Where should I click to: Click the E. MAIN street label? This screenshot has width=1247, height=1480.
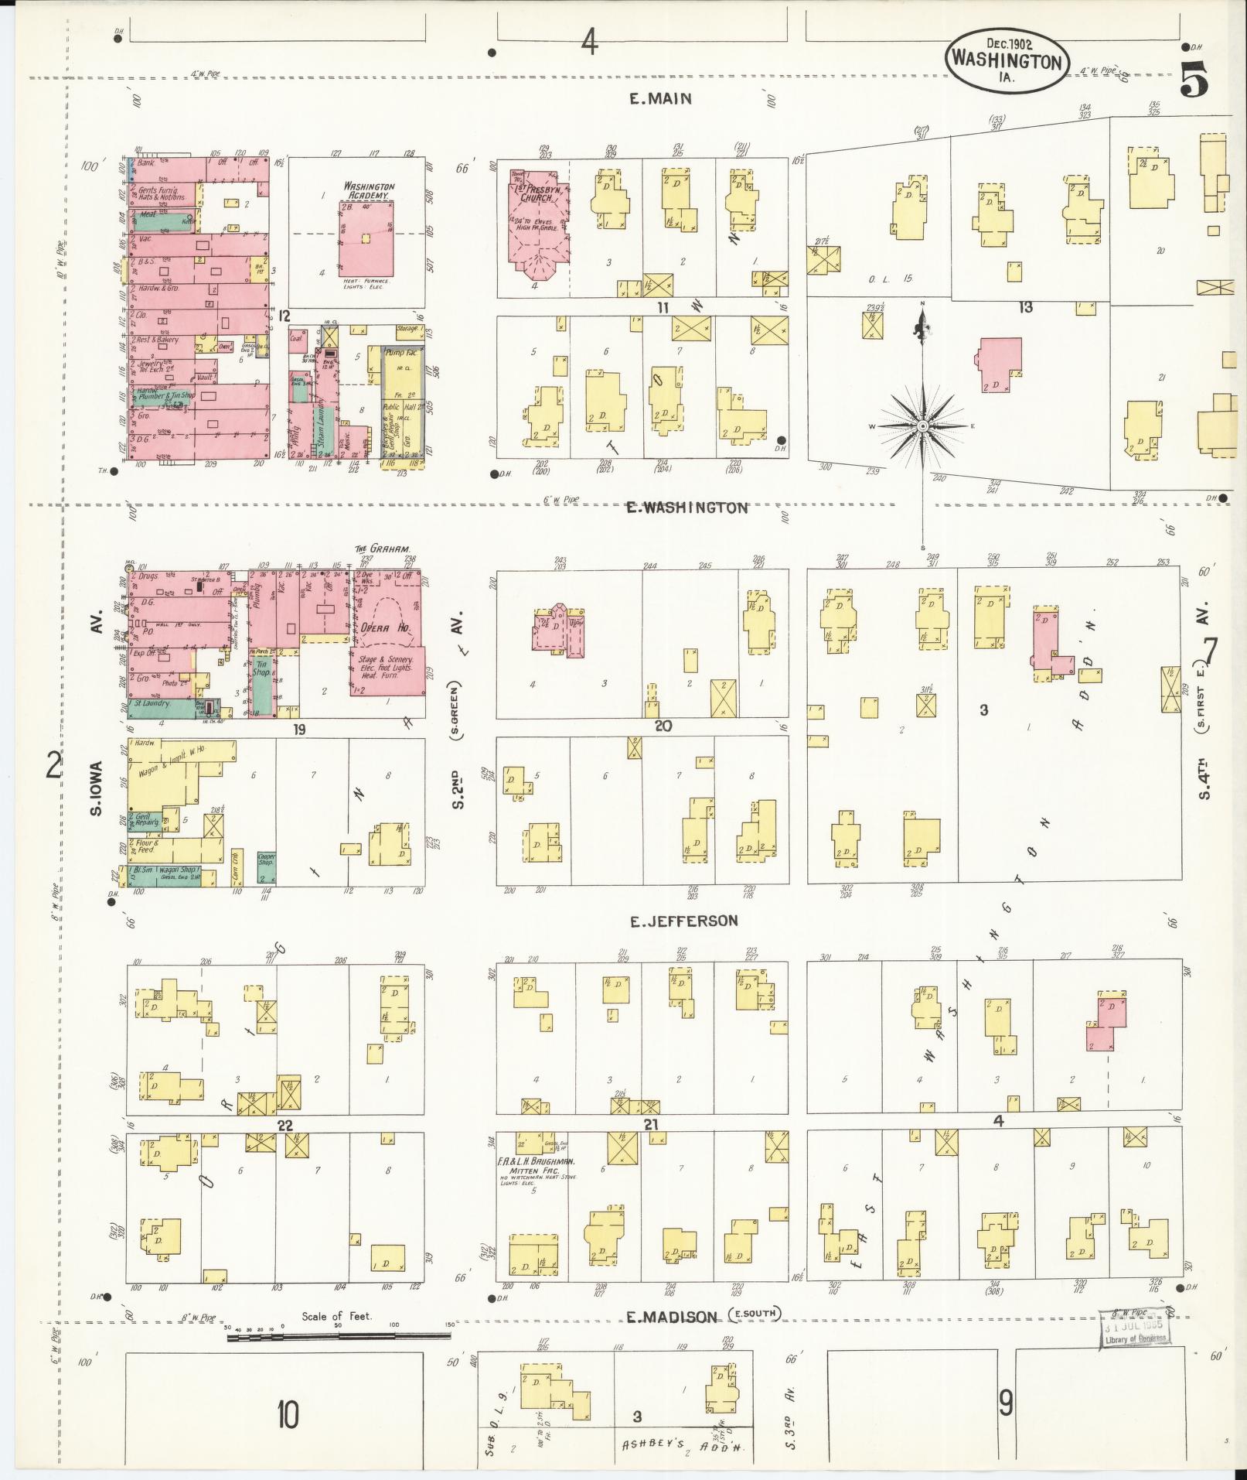pos(659,99)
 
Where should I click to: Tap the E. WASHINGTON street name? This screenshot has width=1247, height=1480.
pos(687,508)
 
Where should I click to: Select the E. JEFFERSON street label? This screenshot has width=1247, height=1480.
pos(683,921)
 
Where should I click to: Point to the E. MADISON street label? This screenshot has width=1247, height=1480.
pos(671,1316)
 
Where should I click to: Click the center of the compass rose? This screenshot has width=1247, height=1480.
pos(923,426)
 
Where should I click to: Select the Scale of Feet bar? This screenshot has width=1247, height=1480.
pos(339,1336)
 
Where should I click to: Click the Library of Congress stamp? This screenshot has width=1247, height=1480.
pos(1135,1329)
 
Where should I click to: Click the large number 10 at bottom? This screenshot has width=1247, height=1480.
pos(287,1415)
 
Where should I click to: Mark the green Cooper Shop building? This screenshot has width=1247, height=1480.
pos(267,868)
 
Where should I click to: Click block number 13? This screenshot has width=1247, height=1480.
pos(1025,308)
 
